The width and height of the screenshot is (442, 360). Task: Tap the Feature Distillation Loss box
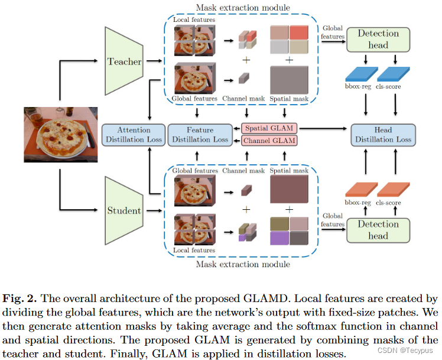[199, 134]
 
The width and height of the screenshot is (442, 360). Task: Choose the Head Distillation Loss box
[383, 134]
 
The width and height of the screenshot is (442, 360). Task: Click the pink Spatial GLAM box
[269, 128]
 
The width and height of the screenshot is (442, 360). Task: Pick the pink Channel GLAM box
[269, 140]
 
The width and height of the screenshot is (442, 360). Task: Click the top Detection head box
[378, 39]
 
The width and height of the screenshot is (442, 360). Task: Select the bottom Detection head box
[378, 230]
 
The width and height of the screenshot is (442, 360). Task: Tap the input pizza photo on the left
[60, 135]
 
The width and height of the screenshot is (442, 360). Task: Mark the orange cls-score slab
[392, 190]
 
